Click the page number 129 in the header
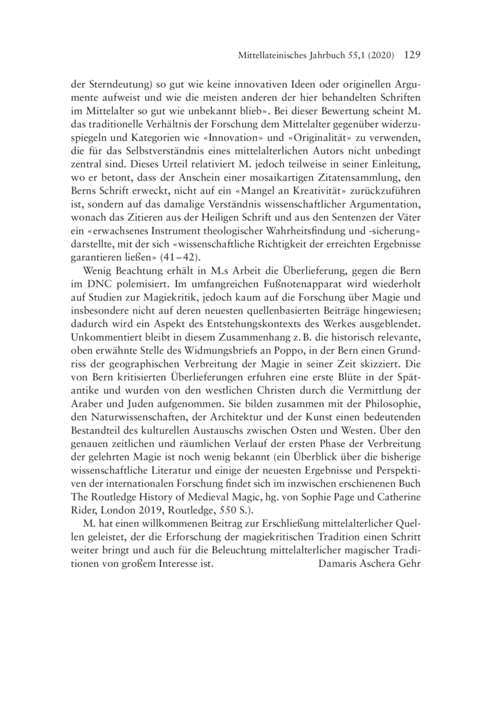pos(408,55)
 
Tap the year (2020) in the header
pos(378,56)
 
